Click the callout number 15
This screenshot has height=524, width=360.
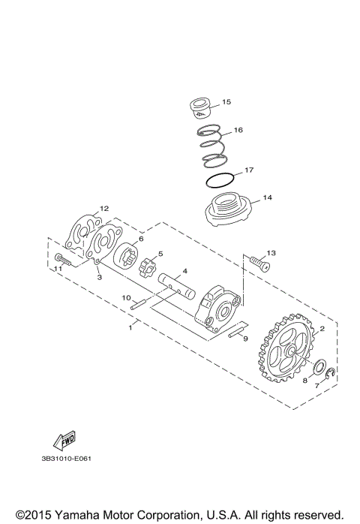coord(226,101)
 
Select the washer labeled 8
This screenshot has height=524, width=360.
coord(317,368)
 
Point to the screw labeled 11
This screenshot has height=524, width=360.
coord(63,263)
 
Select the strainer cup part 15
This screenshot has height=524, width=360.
coord(200,107)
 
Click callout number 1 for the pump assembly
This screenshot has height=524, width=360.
coord(131,327)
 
